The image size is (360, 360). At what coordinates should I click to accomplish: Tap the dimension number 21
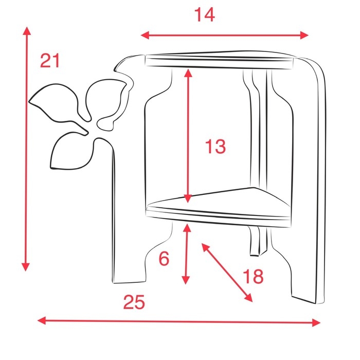[50, 61]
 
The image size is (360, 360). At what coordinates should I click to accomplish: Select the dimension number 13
[215, 147]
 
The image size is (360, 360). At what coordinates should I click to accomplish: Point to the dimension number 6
[164, 259]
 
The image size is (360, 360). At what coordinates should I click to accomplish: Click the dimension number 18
[253, 276]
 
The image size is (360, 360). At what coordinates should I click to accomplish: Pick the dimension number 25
[134, 302]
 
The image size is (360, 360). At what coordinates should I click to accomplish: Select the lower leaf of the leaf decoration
[71, 152]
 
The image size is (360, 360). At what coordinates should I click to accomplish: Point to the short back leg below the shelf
[257, 242]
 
